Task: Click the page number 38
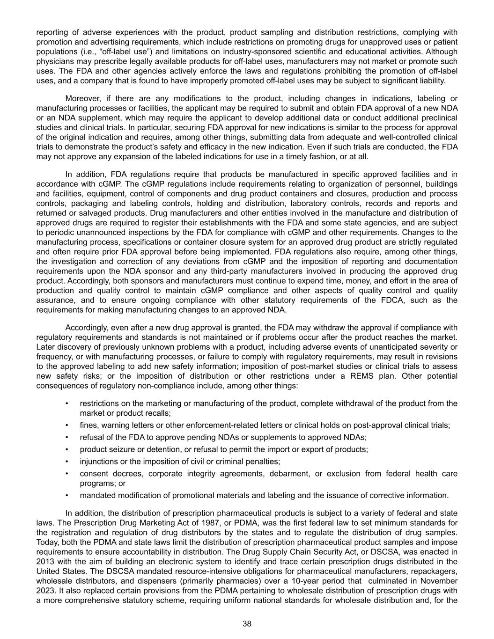click(x=247, y=624)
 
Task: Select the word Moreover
click(x=82, y=98)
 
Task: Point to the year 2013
click(x=44, y=562)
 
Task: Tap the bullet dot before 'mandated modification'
click(x=67, y=495)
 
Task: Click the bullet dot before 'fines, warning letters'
click(x=67, y=425)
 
